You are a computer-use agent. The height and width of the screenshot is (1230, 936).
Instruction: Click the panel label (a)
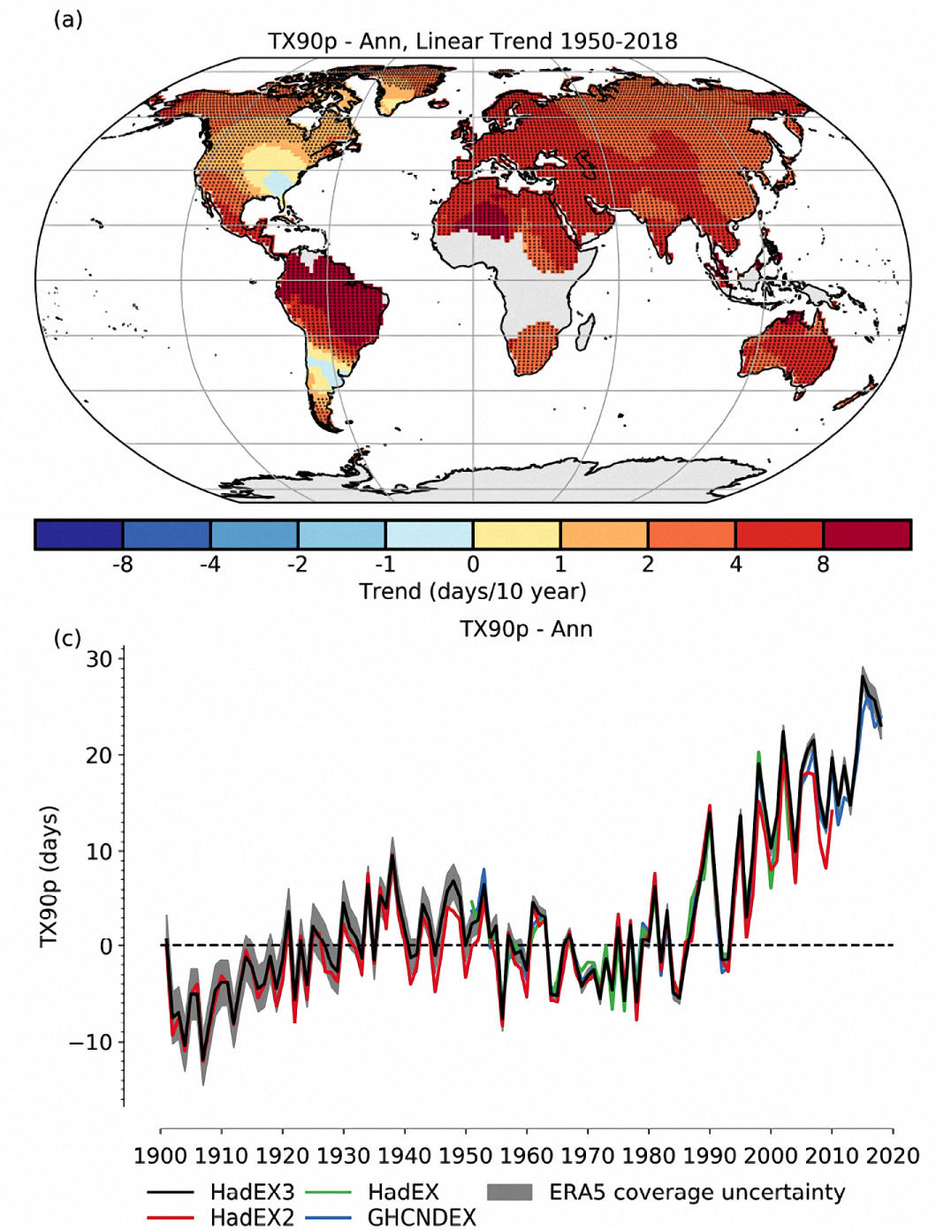click(x=68, y=19)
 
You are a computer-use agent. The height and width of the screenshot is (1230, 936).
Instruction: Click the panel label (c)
click(x=68, y=637)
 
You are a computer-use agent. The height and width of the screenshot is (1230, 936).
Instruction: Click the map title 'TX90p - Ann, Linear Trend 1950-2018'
click(x=473, y=42)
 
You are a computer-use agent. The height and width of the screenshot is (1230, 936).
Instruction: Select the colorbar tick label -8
click(x=122, y=565)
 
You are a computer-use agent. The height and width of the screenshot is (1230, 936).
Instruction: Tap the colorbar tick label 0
click(x=473, y=565)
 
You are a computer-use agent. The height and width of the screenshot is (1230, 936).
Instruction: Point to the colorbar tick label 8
click(x=823, y=565)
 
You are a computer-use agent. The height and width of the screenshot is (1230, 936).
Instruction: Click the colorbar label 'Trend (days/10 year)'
click(x=473, y=591)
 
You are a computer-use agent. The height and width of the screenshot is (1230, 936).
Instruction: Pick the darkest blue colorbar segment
click(x=79, y=535)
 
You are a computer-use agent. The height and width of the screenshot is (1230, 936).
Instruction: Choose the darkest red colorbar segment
click(x=866, y=535)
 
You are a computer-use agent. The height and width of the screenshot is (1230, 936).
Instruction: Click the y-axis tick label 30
click(x=99, y=659)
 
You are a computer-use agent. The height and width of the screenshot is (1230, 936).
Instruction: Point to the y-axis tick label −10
click(x=92, y=1042)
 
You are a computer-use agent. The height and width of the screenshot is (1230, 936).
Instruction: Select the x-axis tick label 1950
click(x=466, y=1155)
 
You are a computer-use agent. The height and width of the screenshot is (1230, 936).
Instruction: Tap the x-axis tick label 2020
click(x=892, y=1155)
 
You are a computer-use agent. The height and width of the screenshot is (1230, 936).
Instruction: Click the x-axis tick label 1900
click(x=161, y=1155)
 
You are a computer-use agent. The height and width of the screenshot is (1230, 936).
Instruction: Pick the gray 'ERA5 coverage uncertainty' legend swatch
click(x=510, y=1192)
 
